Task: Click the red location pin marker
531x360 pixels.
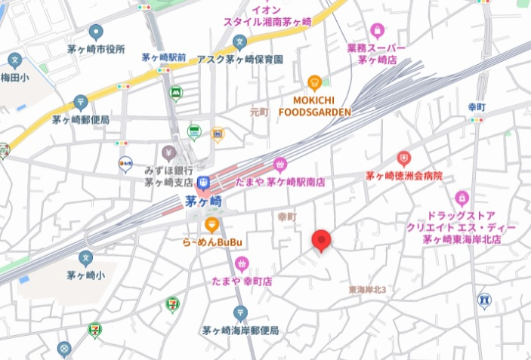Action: pos(323,240)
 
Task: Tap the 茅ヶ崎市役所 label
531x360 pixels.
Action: pos(94,50)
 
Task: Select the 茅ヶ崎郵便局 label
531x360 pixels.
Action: pos(81,119)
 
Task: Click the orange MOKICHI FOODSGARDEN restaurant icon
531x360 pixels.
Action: pos(315,82)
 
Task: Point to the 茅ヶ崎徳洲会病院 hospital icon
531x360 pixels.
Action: pos(404,158)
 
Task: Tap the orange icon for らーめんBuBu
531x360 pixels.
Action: pos(212,224)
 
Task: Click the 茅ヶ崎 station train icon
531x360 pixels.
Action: pos(203,183)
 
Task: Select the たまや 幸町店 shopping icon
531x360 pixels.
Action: pos(242,263)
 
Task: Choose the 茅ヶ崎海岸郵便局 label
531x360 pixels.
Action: pos(240,331)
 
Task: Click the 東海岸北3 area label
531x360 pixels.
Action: pos(368,289)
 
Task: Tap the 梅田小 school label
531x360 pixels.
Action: pos(15,77)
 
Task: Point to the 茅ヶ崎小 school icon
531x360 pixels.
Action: pos(85,258)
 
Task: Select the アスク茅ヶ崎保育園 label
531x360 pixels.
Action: pos(240,59)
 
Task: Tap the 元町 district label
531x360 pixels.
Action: pos(259,112)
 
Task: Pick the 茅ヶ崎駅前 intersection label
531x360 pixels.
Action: pos(164,57)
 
